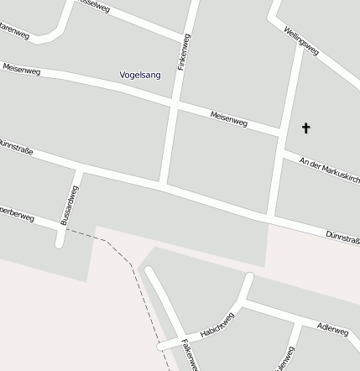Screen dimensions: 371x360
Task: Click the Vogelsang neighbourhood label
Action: coord(140,76)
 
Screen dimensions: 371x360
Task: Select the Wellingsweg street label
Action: coord(300,41)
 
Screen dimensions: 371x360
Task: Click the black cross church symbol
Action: coord(305,128)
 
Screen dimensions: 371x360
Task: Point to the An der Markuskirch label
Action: coord(329,168)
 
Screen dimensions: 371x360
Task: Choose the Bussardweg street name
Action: coord(70,205)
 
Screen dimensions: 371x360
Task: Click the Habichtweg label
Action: coord(218,325)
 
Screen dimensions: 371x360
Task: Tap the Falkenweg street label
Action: coord(189,354)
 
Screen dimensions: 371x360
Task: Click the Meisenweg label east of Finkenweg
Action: coord(228,119)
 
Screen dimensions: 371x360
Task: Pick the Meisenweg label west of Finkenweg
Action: coord(22,70)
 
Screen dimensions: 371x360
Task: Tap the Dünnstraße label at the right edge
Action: coord(342,238)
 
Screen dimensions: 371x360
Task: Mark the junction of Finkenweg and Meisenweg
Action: coord(174,103)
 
